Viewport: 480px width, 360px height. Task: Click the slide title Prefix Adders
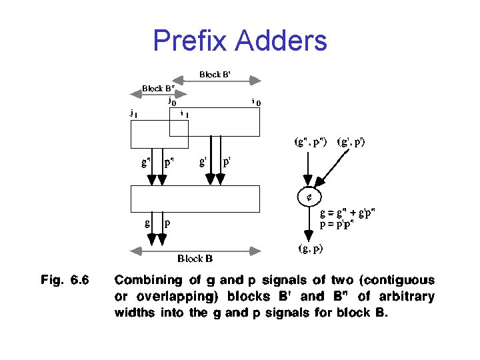(x=240, y=40)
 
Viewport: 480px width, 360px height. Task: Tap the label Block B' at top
(x=215, y=75)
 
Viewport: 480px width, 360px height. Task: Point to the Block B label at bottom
(x=195, y=258)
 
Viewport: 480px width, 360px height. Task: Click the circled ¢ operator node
(x=309, y=197)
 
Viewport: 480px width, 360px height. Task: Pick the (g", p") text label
(x=311, y=142)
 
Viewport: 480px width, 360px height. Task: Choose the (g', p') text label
(x=351, y=142)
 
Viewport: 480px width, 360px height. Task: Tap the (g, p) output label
(x=310, y=249)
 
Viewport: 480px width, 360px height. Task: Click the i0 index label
(x=256, y=102)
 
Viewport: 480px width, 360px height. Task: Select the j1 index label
(x=134, y=113)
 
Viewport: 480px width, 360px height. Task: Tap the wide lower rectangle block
(x=195, y=198)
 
